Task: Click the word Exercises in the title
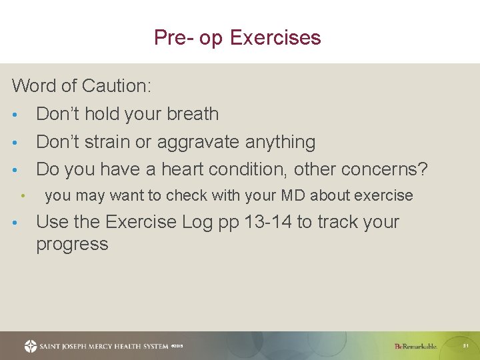pyautogui.click(x=275, y=37)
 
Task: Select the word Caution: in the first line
pyautogui.click(x=117, y=86)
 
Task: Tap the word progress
pyautogui.click(x=72, y=244)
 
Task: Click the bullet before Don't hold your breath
pyautogui.click(x=15, y=115)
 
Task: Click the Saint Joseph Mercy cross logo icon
pyautogui.click(x=31, y=346)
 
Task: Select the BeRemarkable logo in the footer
pyautogui.click(x=416, y=346)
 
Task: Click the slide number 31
pyautogui.click(x=467, y=346)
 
